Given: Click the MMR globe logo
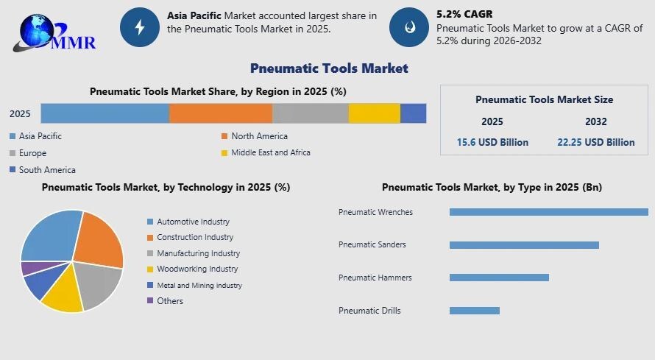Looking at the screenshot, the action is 54,33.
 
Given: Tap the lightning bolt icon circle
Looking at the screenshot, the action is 140,27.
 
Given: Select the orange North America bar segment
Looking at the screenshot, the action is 221,113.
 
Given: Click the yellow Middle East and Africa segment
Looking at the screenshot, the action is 375,113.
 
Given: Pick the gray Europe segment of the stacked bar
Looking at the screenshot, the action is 311,113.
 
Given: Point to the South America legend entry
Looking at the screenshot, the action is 43,170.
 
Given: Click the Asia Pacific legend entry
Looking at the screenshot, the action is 35,136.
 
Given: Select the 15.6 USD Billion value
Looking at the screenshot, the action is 492,142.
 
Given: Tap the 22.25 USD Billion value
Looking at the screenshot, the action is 596,142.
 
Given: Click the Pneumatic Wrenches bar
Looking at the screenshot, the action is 549,212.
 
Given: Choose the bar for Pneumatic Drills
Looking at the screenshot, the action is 475,311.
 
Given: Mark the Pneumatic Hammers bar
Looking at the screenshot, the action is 499,278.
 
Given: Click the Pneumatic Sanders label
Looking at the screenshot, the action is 372,244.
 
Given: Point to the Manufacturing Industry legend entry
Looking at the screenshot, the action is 194,253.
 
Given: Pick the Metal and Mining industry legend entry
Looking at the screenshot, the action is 195,285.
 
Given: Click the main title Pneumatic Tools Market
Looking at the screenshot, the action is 329,68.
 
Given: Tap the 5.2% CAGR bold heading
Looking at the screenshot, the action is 464,14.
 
